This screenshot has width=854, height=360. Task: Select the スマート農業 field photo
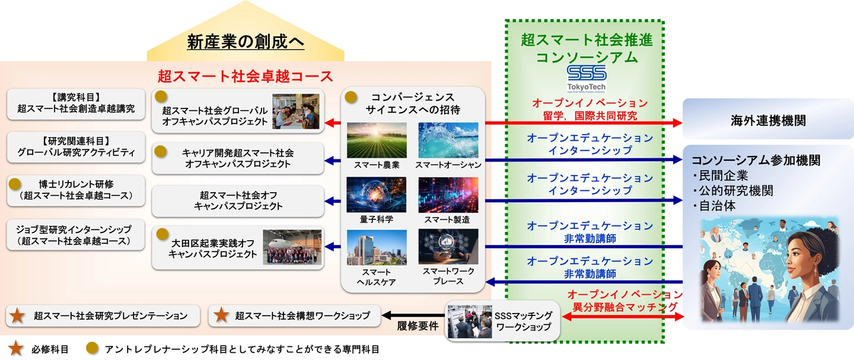[377, 140]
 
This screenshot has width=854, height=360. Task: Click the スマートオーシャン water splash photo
[448, 140]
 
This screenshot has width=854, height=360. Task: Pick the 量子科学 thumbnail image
[377, 195]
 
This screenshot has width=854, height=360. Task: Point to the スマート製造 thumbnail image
[448, 195]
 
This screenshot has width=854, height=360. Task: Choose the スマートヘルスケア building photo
[377, 247]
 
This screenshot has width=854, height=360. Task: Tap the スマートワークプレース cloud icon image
[448, 247]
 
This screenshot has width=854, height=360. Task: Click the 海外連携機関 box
[767, 121]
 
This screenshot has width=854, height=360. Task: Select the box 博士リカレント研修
[75, 190]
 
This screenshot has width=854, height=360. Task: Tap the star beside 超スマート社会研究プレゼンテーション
[18, 316]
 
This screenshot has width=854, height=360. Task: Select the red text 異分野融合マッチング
[624, 307]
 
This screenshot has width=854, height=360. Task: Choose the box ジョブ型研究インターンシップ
[75, 235]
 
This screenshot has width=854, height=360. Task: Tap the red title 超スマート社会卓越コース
[246, 76]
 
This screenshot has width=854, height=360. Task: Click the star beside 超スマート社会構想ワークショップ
[221, 316]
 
